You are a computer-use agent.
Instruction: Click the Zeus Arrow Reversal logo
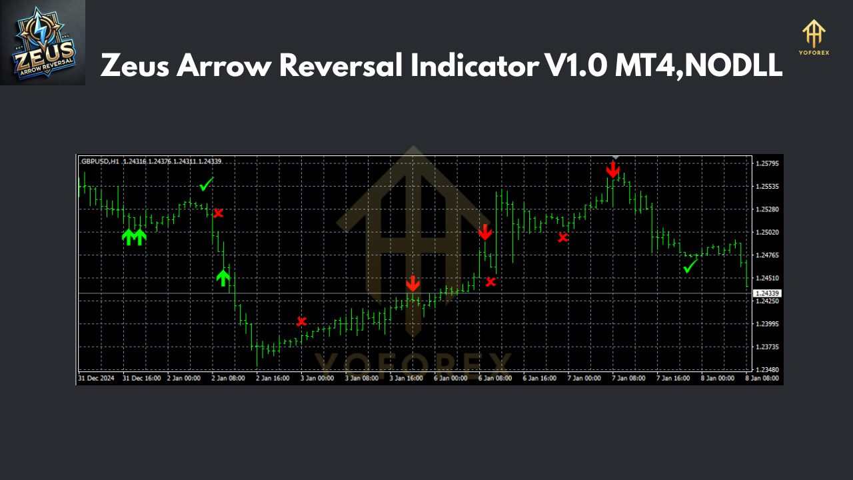click(43, 43)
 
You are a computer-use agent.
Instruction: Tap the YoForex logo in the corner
click(814, 37)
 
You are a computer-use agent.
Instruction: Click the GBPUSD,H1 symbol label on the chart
click(100, 161)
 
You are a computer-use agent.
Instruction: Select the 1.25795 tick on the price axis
click(767, 163)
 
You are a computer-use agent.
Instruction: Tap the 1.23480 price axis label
click(767, 369)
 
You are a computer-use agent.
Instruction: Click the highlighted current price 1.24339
click(767, 293)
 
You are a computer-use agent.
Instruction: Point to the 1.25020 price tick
click(767, 232)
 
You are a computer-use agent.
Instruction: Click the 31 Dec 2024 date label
click(96, 378)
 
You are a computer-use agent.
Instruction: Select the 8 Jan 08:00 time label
click(762, 378)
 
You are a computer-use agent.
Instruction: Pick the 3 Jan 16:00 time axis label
click(407, 378)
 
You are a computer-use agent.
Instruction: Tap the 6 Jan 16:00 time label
click(540, 378)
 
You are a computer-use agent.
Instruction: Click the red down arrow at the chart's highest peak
click(613, 169)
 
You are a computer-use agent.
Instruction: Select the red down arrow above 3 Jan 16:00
click(413, 283)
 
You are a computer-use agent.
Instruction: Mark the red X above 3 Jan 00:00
click(302, 321)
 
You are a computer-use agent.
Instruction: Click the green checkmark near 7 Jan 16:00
click(690, 266)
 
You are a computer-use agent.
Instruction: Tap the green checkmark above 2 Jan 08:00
click(207, 183)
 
